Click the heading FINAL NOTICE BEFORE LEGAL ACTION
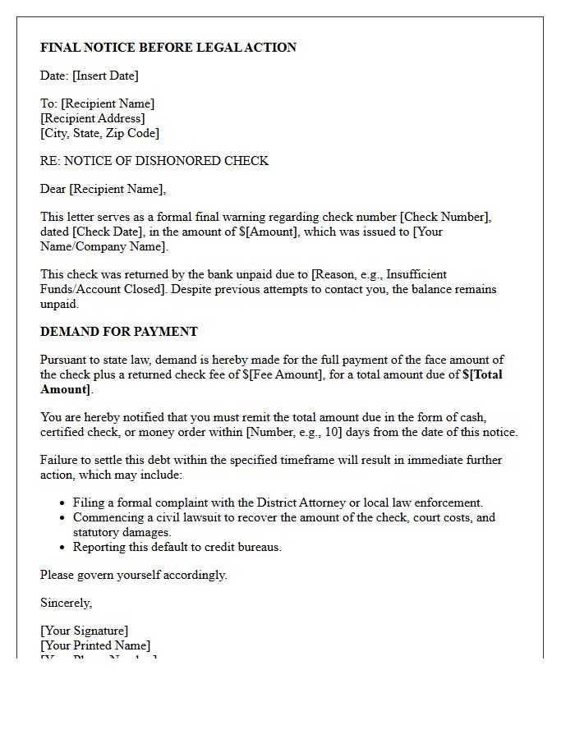tap(168, 48)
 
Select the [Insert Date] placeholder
tap(105, 76)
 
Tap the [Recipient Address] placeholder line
tap(93, 118)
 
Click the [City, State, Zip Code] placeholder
tap(99, 133)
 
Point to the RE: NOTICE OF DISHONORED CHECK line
tap(154, 161)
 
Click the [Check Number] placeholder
tap(444, 217)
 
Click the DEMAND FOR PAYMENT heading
tap(119, 332)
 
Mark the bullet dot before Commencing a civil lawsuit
tap(63, 517)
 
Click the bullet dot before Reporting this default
tap(63, 547)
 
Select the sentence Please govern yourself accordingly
tap(134, 575)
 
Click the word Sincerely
tap(67, 603)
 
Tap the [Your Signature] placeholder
tap(85, 631)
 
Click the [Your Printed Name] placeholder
tap(95, 645)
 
